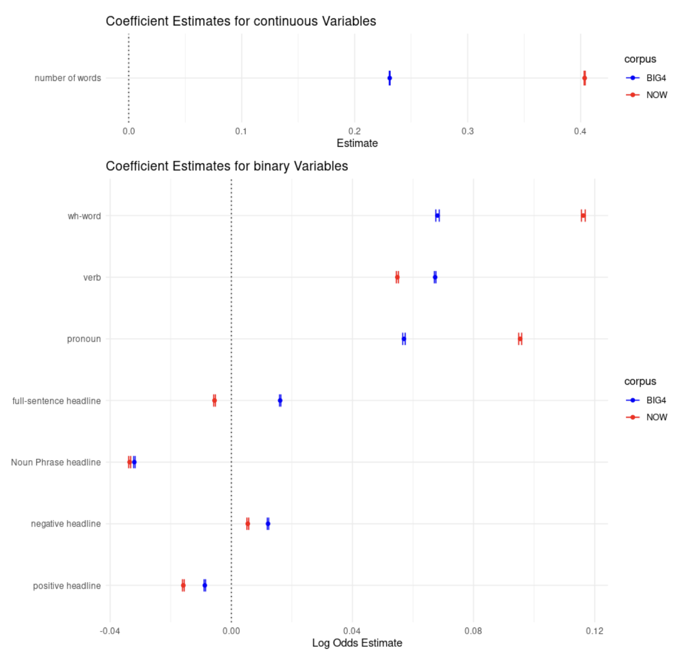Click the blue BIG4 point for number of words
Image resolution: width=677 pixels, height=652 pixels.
coord(389,78)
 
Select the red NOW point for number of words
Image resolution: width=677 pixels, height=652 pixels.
coord(584,78)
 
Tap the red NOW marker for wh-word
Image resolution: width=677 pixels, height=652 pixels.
coord(583,215)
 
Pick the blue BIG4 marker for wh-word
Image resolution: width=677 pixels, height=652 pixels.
coord(437,215)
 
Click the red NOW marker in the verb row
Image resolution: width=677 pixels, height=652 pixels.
coord(397,278)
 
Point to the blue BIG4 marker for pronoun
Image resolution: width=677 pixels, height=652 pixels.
coord(404,339)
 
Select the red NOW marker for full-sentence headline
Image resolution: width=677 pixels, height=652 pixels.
coord(214,400)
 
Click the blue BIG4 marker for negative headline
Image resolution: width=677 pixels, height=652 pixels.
coord(268,524)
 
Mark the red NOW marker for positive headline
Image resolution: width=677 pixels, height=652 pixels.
coord(183,585)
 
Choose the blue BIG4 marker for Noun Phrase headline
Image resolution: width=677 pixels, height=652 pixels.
coord(134,462)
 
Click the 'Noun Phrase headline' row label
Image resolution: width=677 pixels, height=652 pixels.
coord(56,462)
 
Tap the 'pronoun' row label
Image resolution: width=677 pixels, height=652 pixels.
coord(84,339)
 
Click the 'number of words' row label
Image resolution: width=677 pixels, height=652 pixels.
coord(68,78)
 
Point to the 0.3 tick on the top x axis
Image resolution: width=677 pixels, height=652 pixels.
coord(467,131)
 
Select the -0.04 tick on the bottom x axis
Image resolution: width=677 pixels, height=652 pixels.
coord(110,631)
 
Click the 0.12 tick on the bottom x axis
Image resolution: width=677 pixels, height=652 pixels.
coord(594,631)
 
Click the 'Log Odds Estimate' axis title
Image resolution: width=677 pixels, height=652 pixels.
coord(357,643)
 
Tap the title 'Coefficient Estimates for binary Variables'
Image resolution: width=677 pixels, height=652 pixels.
coord(227,166)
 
